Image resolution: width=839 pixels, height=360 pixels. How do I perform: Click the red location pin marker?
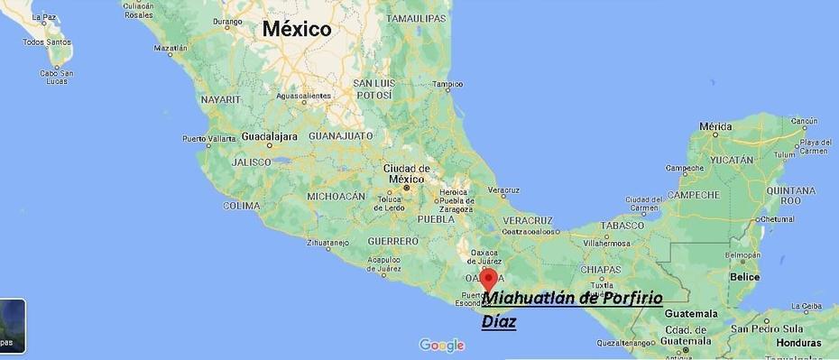[x=488, y=278]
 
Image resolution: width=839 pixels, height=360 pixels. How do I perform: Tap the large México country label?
[x=297, y=29]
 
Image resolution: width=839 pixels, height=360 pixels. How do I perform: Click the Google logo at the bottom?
[x=441, y=345]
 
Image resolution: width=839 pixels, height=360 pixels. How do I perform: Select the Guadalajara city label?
[x=269, y=136]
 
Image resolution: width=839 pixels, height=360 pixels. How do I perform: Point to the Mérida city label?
[x=715, y=125]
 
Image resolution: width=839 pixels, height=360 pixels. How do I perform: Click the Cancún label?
[x=804, y=121]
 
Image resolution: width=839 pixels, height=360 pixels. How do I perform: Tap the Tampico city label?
[x=447, y=85]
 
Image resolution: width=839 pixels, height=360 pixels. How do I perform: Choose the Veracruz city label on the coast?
[x=503, y=190]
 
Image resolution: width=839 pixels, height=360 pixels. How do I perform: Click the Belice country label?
[x=745, y=276]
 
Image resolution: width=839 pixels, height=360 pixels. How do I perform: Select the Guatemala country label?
[x=690, y=313]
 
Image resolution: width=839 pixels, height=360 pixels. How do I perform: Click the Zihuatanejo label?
[x=327, y=242]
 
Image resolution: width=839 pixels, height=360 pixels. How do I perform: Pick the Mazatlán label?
[x=171, y=48]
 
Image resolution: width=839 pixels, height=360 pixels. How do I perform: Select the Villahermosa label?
[x=606, y=243]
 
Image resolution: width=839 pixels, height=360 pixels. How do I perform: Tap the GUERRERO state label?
[x=392, y=241]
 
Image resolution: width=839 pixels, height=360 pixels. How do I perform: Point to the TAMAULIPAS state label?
[x=416, y=18]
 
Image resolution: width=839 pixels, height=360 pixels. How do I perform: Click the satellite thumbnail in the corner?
[x=12, y=326]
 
